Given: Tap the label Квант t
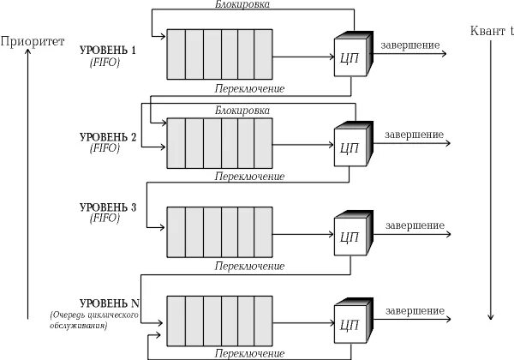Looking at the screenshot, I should tap(491, 32).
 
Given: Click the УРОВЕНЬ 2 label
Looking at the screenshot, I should tap(107, 137).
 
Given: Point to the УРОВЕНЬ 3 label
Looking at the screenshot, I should tap(107, 208).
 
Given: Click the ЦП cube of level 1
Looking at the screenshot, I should tap(350, 59).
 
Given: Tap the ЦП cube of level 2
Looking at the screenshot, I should tap(350, 147).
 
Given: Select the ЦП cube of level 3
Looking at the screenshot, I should tap(350, 236).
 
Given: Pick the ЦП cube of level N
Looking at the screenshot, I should tap(350, 324).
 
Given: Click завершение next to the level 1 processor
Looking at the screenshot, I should tap(412, 45).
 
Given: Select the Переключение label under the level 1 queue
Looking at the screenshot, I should tap(249, 88).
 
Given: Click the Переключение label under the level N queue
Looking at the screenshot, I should tap(249, 353).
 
